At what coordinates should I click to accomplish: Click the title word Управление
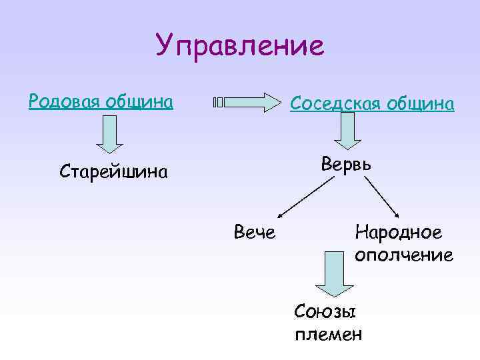tap(240, 46)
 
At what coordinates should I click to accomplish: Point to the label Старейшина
tap(113, 172)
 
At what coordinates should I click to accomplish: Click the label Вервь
tap(347, 163)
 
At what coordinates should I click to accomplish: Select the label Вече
tap(255, 232)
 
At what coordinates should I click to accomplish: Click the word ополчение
tap(404, 255)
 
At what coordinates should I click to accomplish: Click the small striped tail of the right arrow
tap(218, 103)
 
